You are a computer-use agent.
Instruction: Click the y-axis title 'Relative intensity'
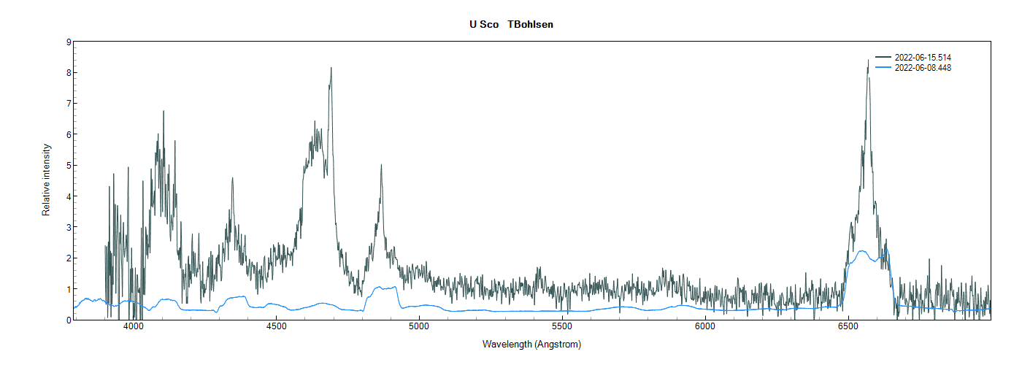coord(46,180)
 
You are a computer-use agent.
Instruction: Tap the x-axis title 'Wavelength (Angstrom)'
coord(531,344)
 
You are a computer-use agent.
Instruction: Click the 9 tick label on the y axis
coord(68,42)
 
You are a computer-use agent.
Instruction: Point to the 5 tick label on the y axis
coord(68,166)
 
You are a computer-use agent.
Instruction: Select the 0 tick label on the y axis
coord(68,320)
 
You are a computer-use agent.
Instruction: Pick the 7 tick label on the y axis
coord(68,104)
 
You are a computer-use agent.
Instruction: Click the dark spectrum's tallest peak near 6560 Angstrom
coord(868,61)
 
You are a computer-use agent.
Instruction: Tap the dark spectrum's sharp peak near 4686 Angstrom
coord(331,69)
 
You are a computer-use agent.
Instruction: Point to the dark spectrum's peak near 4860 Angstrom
coord(380,166)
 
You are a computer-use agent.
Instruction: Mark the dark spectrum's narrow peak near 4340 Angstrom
coord(232,179)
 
